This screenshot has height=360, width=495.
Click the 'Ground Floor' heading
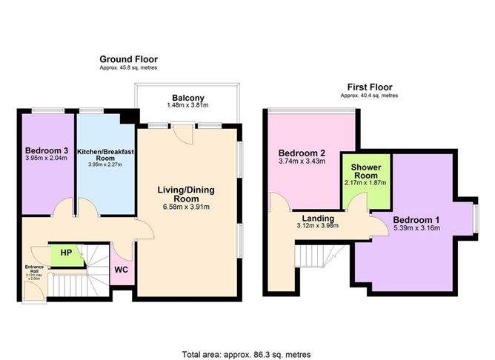[129, 59]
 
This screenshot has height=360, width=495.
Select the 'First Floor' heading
[369, 87]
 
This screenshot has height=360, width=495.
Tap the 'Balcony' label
[183, 98]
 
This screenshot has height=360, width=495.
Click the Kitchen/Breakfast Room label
[105, 155]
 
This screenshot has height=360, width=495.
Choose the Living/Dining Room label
[187, 194]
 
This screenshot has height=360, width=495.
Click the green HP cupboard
[66, 253]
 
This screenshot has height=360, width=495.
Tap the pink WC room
[121, 270]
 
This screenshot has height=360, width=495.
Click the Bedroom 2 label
[297, 153]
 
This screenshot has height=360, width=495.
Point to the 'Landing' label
[317, 219]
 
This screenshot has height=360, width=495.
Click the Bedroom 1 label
[416, 221]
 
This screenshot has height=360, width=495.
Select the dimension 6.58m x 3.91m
[187, 207]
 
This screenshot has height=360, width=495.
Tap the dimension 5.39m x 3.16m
[416, 229]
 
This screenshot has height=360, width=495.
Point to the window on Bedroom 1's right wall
[476, 216]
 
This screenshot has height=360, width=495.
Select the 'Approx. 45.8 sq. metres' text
[129, 68]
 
